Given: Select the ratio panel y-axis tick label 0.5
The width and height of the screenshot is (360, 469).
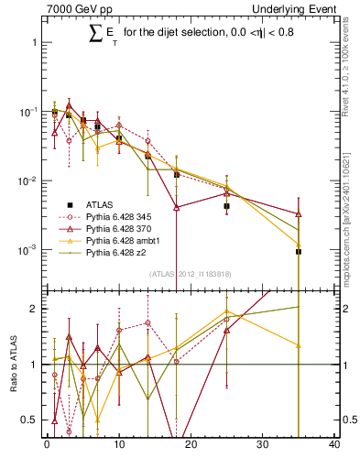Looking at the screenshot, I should pyautogui.click(x=34, y=420).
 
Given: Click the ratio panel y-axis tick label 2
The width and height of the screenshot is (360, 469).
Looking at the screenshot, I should pyautogui.click(x=38, y=309).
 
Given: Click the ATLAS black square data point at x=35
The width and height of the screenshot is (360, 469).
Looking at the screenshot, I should pyautogui.click(x=299, y=251).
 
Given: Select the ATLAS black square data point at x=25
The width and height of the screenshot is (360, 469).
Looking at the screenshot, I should pyautogui.click(x=226, y=207).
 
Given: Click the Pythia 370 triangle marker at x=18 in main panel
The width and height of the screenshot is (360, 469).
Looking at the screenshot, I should pyautogui.click(x=176, y=208).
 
